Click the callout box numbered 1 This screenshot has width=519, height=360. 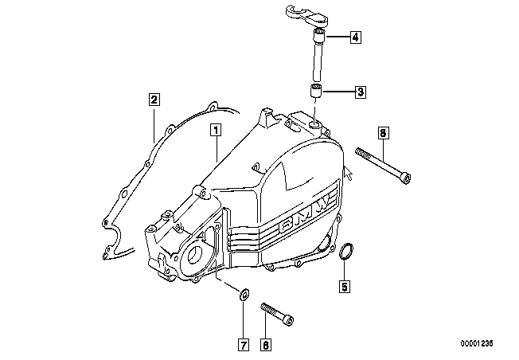click(216, 130)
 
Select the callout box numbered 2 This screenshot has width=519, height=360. click(154, 100)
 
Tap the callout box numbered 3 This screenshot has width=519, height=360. click(361, 92)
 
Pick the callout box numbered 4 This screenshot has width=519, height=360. click(355, 37)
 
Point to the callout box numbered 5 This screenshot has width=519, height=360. click(345, 286)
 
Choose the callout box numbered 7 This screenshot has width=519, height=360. click(244, 345)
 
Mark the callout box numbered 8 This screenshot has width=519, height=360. click(383, 133)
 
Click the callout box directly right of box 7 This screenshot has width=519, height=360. click(266, 345)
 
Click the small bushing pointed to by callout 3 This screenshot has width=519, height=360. click(316, 91)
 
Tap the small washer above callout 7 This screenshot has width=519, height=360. click(244, 295)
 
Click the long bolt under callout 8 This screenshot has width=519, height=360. click(383, 166)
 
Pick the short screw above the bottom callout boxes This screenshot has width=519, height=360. click(277, 314)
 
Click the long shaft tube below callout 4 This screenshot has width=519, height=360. click(318, 55)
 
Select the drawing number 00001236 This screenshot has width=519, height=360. click(477, 343)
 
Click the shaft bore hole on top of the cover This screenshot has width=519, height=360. click(314, 124)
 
